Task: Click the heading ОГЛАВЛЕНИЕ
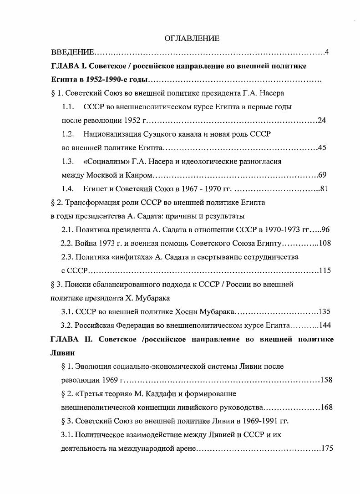pyautogui.click(x=192, y=39)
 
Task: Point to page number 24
pyautogui.click(x=322, y=121)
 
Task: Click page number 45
pyautogui.click(x=322, y=148)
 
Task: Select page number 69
pyautogui.click(x=323, y=175)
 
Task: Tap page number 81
pyautogui.click(x=324, y=188)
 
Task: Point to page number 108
pyautogui.click(x=325, y=243)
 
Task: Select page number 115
pyautogui.click(x=325, y=270)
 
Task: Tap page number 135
pyautogui.click(x=325, y=312)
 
